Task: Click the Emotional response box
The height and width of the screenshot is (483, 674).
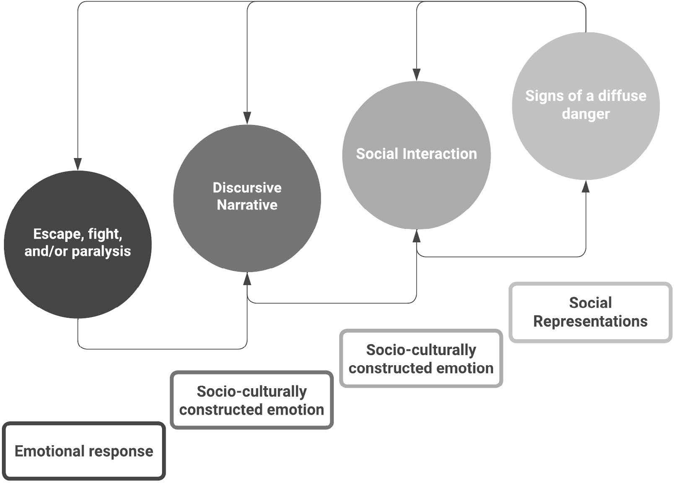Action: [x=84, y=451]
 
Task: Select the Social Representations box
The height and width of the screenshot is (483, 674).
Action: [x=590, y=312]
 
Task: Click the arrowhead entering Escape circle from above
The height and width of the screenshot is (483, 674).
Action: [x=78, y=164]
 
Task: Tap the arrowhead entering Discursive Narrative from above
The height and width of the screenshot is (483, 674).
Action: [x=247, y=118]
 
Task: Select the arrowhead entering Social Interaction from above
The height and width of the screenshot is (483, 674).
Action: [x=416, y=75]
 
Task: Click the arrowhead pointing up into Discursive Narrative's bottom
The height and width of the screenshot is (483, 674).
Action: [x=247, y=278]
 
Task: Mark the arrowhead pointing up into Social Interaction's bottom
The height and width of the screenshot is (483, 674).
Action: [x=416, y=236]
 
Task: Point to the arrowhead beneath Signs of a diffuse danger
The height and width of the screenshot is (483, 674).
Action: [x=586, y=187]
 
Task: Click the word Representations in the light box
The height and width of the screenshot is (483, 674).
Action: [x=590, y=322]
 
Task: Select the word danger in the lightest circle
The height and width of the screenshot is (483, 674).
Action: [x=586, y=114]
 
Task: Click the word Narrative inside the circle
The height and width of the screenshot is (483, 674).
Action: [x=247, y=205]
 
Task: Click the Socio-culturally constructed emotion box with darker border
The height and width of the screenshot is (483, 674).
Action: [x=251, y=400]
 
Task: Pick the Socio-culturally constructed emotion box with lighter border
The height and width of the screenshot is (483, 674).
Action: [x=421, y=359]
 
